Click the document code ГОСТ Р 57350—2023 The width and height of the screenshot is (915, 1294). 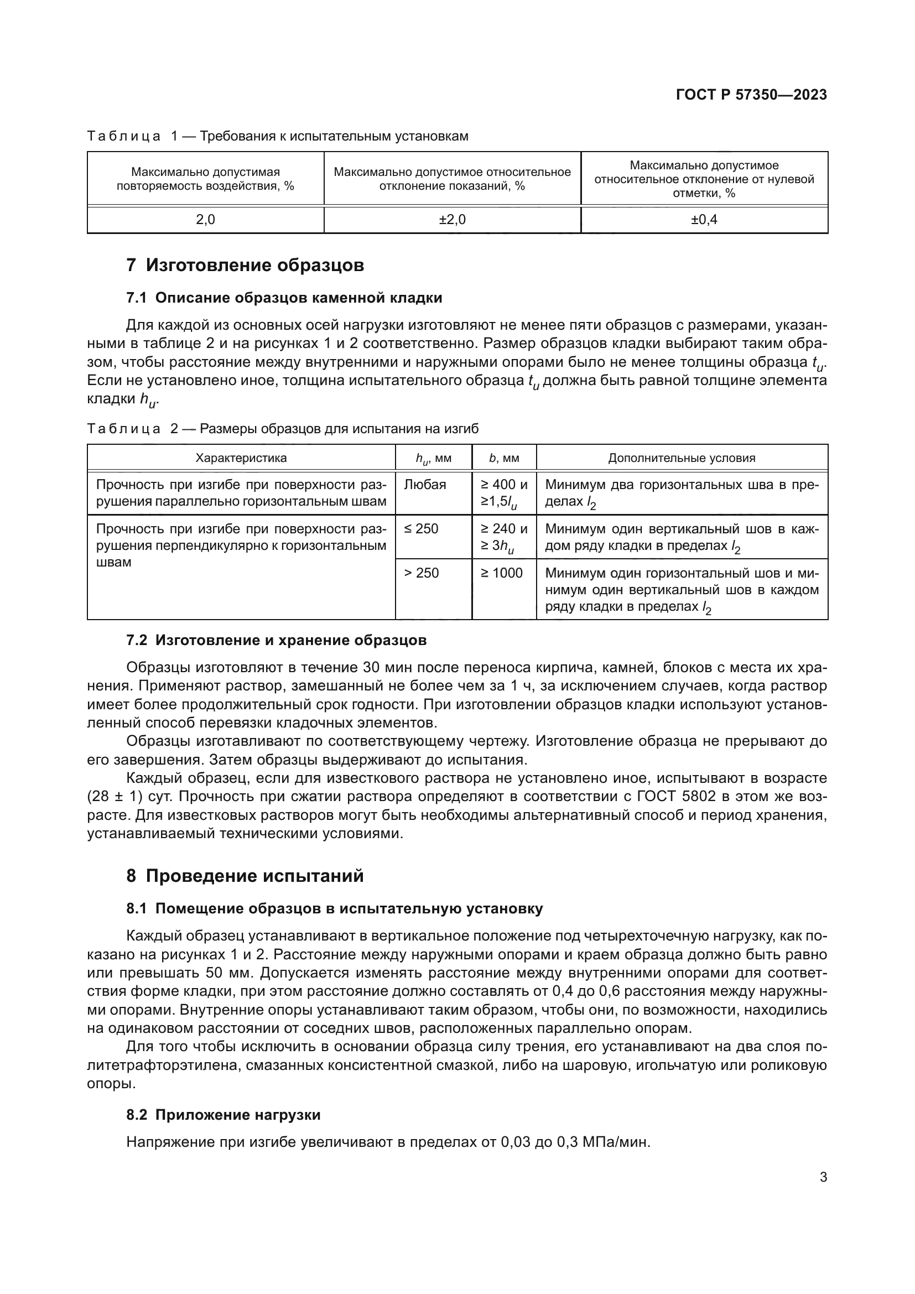(751, 95)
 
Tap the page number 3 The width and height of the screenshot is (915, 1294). (823, 1177)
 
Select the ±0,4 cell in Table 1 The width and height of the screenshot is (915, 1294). (704, 220)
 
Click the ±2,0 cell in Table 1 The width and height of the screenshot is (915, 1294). (452, 220)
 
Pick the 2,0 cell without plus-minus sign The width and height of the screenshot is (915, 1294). (205, 220)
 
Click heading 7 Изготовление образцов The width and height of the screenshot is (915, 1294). (245, 265)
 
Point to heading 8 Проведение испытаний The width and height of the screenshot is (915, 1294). (245, 876)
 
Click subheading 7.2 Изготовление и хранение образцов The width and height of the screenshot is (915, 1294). (276, 640)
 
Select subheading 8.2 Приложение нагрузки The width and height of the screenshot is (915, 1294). (223, 1115)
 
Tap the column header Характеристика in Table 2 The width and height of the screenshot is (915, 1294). (241, 458)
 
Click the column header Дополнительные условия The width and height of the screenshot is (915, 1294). (681, 458)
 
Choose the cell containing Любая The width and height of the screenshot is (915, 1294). (425, 485)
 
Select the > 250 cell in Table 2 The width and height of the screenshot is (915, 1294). (422, 573)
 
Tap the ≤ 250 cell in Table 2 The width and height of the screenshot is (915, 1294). (422, 529)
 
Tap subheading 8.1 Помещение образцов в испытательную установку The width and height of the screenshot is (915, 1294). (334, 908)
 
